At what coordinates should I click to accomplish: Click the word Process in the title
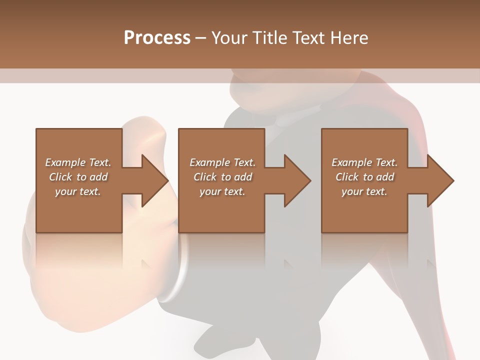tap(157, 38)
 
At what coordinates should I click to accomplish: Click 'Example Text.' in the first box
tap(78, 162)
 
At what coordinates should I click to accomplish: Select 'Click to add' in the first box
tap(78, 177)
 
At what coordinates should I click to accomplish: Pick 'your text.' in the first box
tap(78, 191)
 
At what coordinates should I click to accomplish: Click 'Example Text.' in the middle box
tap(222, 162)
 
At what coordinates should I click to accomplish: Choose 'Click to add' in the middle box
tap(222, 177)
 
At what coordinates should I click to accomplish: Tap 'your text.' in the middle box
tap(222, 191)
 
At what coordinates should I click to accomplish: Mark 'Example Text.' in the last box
tap(364, 162)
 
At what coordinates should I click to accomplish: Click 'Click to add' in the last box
tap(364, 177)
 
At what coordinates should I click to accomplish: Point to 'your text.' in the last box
tap(364, 191)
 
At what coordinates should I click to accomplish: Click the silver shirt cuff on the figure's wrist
tap(181, 270)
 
